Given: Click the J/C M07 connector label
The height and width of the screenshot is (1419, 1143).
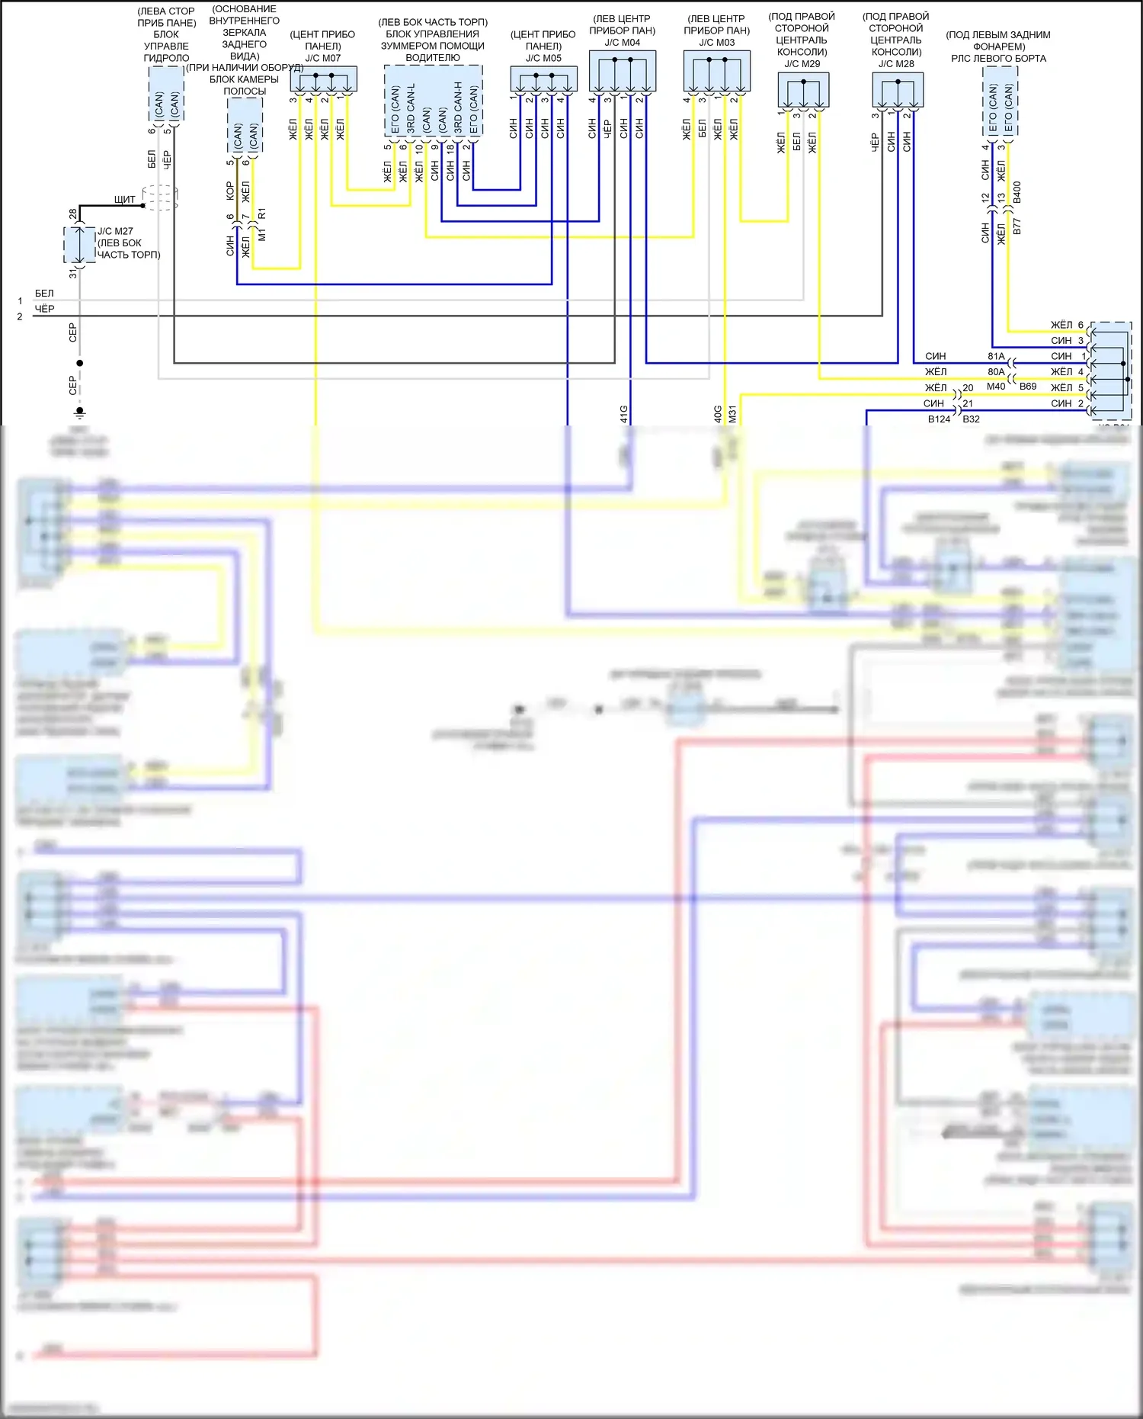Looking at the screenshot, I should pyautogui.click(x=323, y=58).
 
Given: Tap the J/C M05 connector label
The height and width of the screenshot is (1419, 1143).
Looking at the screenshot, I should pyautogui.click(x=543, y=58).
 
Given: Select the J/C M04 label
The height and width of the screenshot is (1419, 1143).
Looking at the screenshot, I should pyautogui.click(x=623, y=43).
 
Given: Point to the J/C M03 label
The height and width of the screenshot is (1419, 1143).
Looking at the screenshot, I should pyautogui.click(x=717, y=43).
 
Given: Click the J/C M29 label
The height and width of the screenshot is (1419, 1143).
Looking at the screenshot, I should pyautogui.click(x=802, y=64).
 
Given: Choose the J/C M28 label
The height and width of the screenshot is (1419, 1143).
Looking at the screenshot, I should pyautogui.click(x=896, y=64).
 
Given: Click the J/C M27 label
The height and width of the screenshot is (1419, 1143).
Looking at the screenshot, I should pyautogui.click(x=115, y=231).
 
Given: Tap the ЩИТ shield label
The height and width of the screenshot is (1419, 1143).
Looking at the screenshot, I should pyautogui.click(x=124, y=200).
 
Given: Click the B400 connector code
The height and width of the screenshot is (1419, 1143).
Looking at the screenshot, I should pyautogui.click(x=1017, y=193).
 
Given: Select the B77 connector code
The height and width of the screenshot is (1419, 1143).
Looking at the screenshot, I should pyautogui.click(x=1017, y=226).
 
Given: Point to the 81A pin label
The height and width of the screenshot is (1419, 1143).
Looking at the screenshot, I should pyautogui.click(x=996, y=356).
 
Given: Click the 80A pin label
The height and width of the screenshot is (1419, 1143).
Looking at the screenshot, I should pyautogui.click(x=996, y=372).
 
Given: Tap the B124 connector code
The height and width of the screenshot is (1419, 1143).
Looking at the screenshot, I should pyautogui.click(x=939, y=419).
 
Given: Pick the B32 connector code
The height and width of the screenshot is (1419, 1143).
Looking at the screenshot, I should pyautogui.click(x=971, y=419).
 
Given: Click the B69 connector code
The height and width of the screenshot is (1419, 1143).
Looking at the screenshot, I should pyautogui.click(x=1028, y=387).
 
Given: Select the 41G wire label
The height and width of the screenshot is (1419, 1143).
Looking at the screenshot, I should pyautogui.click(x=624, y=414).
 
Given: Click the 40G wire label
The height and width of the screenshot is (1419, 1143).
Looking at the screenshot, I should pyautogui.click(x=718, y=414).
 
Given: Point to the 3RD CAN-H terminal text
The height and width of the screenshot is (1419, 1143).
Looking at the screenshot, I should pyautogui.click(x=458, y=107).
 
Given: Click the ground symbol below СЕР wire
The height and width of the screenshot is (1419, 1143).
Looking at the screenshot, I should pyautogui.click(x=79, y=413).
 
